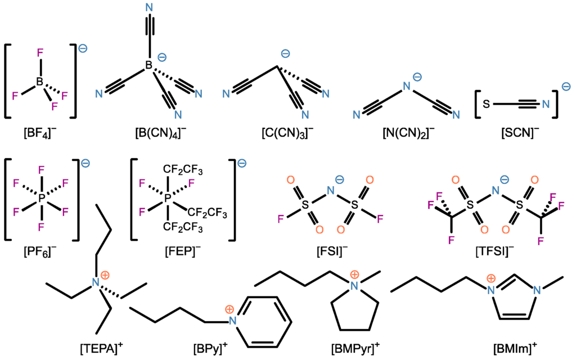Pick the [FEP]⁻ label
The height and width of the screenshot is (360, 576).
(x=181, y=252)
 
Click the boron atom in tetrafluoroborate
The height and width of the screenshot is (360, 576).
(x=40, y=82)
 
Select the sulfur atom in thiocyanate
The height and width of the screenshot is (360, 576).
(x=488, y=103)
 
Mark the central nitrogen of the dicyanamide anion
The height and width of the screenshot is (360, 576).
(x=408, y=87)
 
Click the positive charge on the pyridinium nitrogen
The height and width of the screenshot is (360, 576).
(x=229, y=309)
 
